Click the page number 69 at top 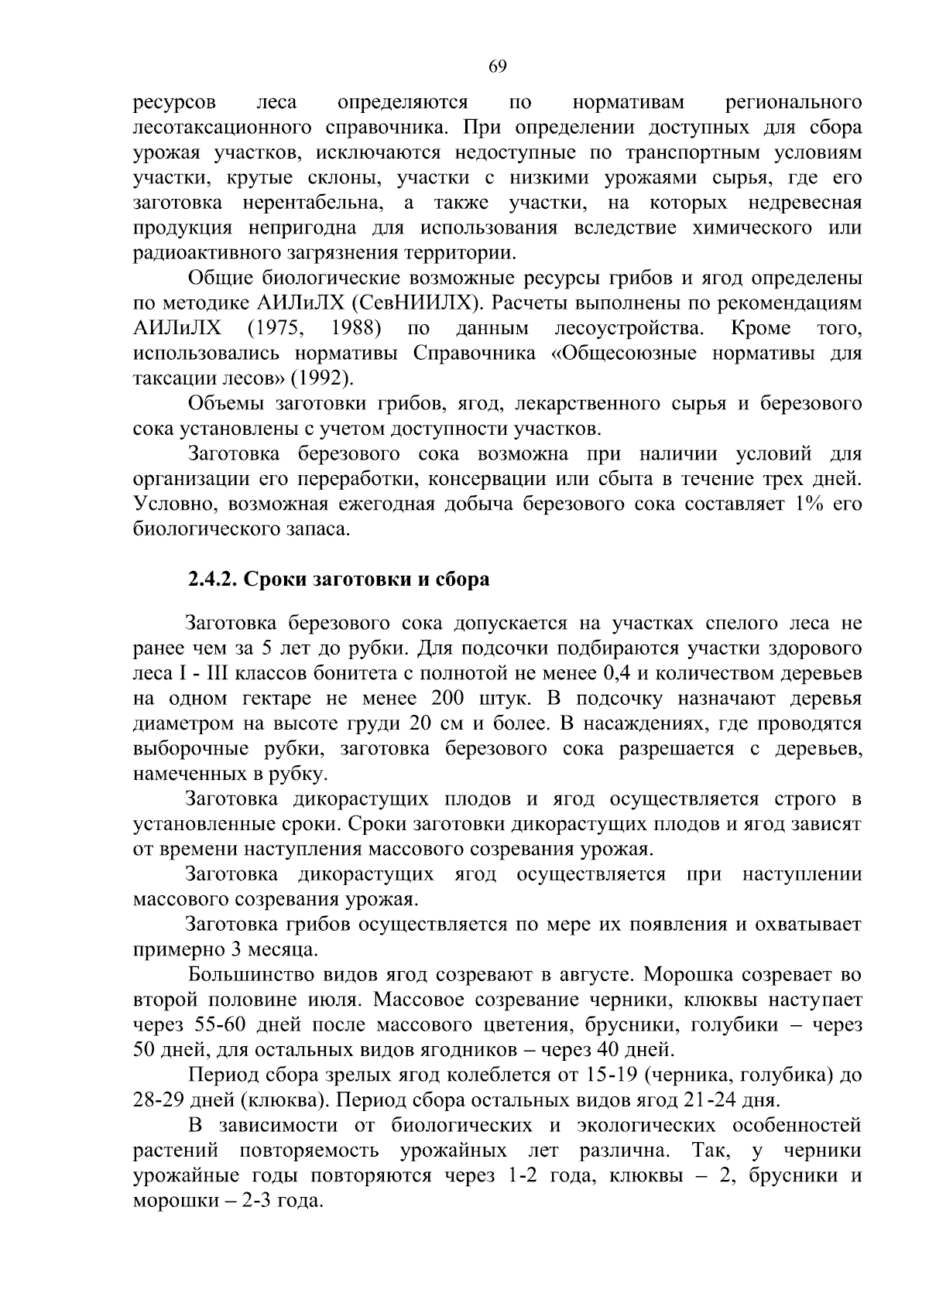pyautogui.click(x=498, y=67)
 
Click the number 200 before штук pyautogui.click(x=445, y=699)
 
